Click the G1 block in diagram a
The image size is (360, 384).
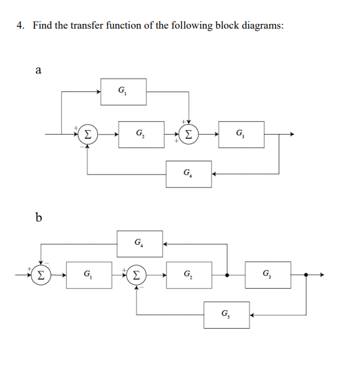point(123,91)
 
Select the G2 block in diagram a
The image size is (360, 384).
point(141,134)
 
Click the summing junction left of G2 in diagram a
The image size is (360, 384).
point(88,134)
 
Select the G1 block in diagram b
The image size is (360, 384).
point(89,275)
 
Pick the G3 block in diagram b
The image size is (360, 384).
point(267,275)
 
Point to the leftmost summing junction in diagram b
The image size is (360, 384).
point(41,275)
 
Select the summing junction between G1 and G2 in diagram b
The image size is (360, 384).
point(137,275)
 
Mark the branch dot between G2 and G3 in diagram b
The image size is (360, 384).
point(227,275)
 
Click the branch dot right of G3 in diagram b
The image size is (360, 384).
point(306,275)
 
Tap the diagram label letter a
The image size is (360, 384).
point(38,68)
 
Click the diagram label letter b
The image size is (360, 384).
point(38,217)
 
